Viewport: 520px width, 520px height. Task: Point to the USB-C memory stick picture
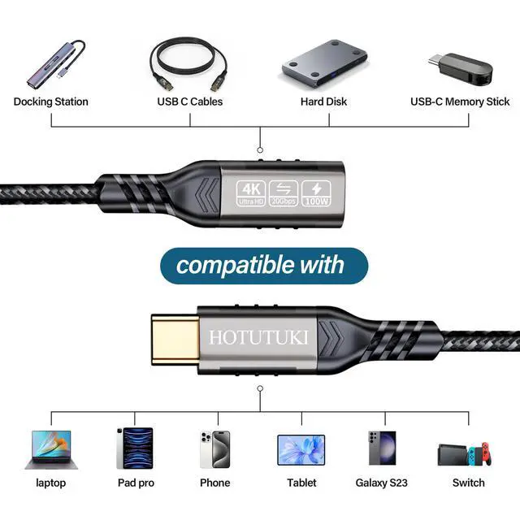tap(460, 67)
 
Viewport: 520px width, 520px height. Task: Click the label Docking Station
tap(51, 102)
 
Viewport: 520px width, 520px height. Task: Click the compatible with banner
tap(260, 265)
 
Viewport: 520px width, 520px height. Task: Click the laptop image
tap(50, 449)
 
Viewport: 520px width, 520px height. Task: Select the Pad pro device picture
tap(134, 448)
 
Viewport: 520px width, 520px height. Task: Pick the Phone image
tap(215, 448)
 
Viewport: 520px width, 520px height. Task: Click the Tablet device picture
tap(301, 449)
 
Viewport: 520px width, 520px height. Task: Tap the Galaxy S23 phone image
tap(382, 448)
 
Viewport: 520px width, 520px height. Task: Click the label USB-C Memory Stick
tap(460, 102)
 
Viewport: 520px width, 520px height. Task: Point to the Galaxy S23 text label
tap(382, 483)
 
